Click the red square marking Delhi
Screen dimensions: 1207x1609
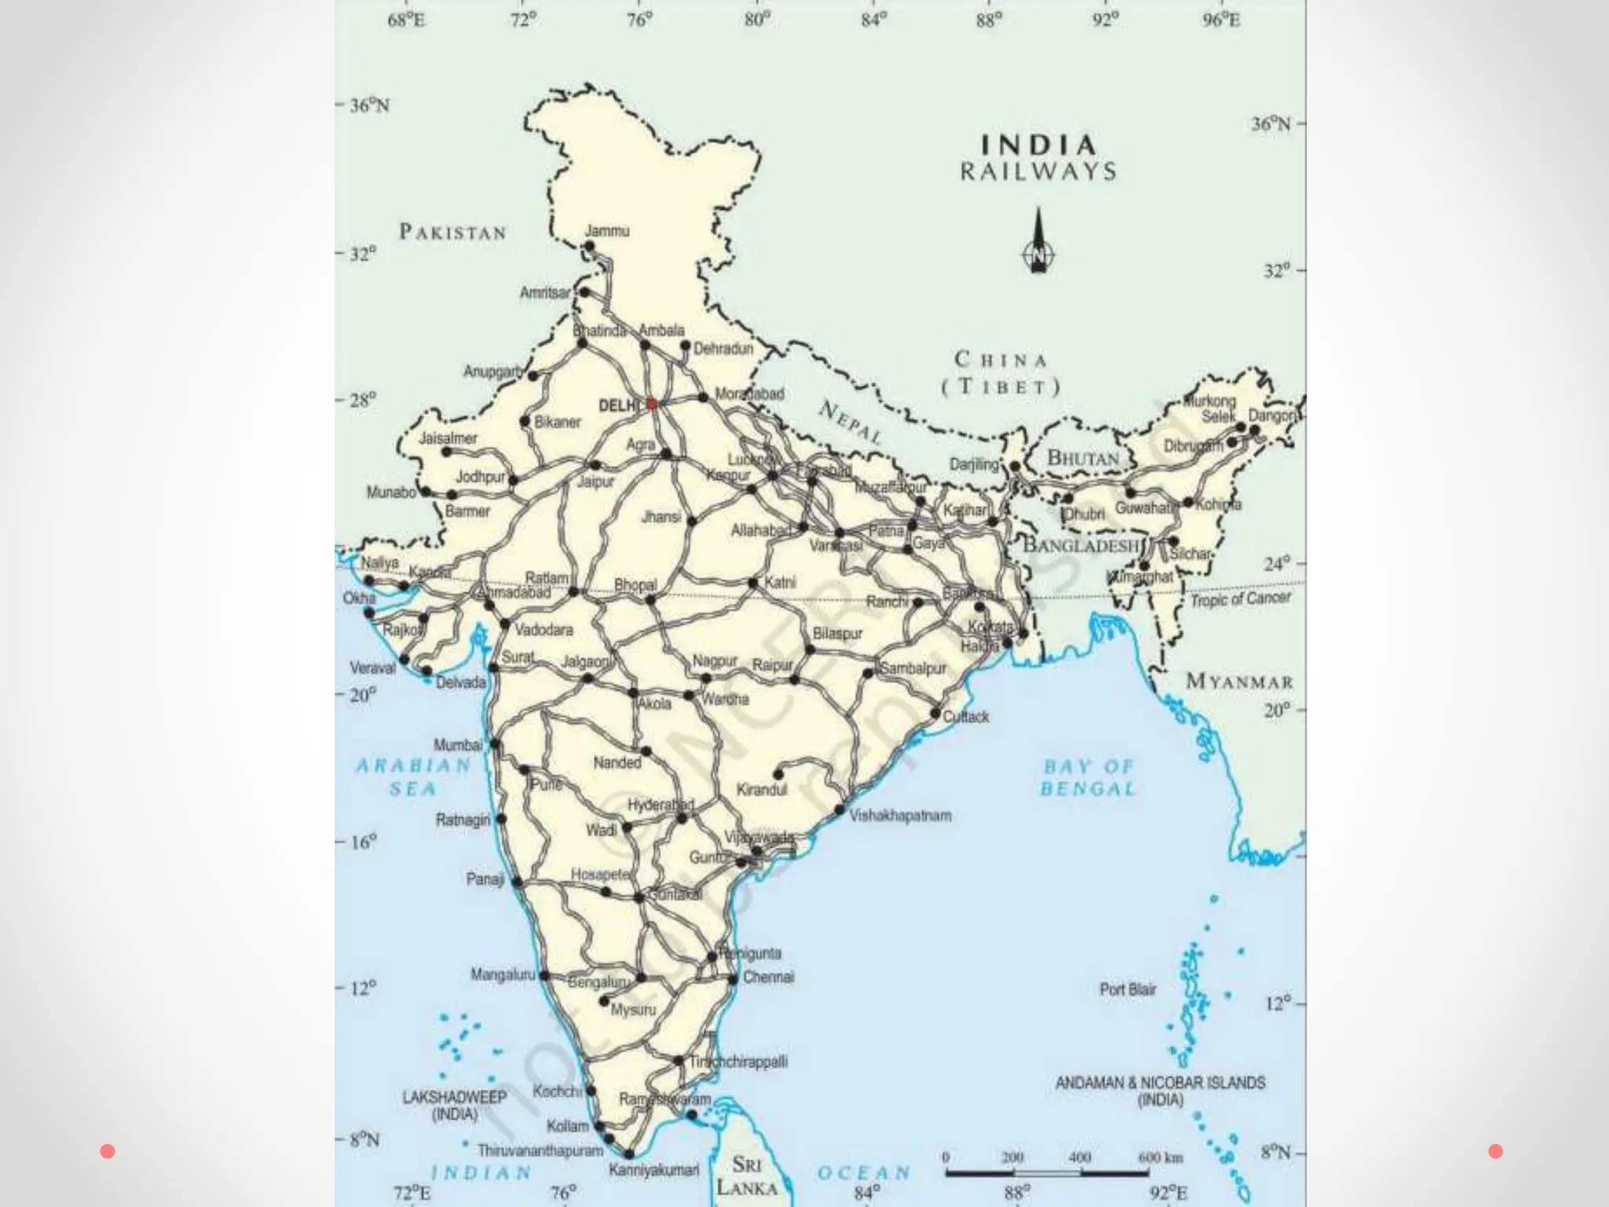651,404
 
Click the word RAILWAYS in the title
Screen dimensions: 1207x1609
1038,172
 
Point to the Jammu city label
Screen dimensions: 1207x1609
607,231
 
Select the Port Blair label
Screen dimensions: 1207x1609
1127,989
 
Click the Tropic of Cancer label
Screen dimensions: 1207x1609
1241,599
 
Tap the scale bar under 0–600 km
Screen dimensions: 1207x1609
1047,1173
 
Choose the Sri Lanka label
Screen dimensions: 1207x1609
746,1175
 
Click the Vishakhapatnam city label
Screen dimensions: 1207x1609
900,816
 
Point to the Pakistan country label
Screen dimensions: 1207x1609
453,232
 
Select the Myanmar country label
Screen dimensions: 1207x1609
1239,681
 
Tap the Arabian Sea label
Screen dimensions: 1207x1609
413,776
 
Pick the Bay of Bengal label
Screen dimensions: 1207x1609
1088,777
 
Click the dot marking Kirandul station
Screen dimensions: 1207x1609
778,774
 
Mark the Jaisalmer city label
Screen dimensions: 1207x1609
448,438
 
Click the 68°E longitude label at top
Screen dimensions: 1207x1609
406,20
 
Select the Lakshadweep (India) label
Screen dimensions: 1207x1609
454,1106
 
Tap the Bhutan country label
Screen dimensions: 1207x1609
1083,457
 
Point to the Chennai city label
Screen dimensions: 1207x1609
768,978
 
